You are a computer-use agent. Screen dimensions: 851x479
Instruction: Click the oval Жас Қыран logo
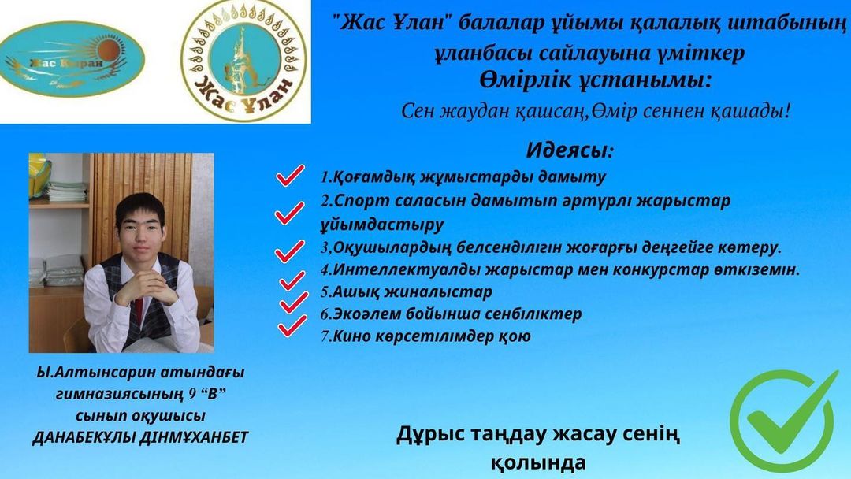click(x=72, y=60)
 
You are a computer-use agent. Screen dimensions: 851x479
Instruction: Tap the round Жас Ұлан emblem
click(x=243, y=61)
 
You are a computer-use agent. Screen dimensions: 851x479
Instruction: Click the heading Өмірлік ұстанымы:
click(x=596, y=81)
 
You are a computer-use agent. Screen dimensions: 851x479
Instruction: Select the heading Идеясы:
click(x=570, y=150)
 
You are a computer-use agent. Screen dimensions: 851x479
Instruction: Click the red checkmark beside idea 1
click(x=290, y=175)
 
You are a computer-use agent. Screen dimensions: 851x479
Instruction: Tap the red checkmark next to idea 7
click(x=292, y=326)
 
